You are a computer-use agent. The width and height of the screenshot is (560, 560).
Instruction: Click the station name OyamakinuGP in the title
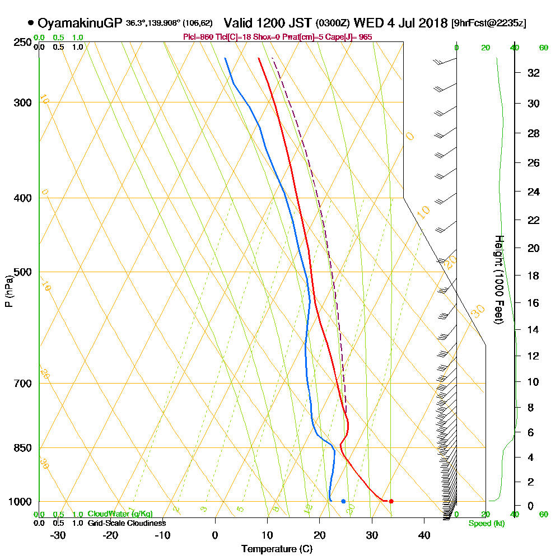click(x=80, y=23)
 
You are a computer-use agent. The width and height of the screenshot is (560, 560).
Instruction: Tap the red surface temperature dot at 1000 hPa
click(x=391, y=501)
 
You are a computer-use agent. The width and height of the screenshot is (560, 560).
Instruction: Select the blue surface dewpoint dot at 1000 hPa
click(x=343, y=501)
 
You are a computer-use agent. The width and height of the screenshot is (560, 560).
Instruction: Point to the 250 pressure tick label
click(x=21, y=42)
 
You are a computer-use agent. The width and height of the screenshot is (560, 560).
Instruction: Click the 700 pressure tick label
click(x=21, y=384)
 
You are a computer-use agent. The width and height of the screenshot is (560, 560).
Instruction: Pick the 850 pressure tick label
click(x=21, y=448)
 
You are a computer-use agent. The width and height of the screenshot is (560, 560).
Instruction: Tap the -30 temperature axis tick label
click(x=58, y=535)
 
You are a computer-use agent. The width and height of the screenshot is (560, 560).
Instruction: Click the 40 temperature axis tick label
click(x=424, y=535)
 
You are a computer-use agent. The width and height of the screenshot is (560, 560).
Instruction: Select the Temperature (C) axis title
click(x=277, y=549)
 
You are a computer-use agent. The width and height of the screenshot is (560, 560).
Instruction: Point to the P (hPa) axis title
click(x=8, y=291)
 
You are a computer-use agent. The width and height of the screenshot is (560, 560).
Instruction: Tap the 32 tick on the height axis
click(x=534, y=73)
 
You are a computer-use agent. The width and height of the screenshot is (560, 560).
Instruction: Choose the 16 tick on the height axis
click(x=534, y=303)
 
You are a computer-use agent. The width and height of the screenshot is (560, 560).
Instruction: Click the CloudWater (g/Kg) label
click(x=120, y=514)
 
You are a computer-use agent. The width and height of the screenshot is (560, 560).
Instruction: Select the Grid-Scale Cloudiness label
click(x=127, y=523)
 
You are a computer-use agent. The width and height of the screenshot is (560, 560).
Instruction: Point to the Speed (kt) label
click(x=485, y=524)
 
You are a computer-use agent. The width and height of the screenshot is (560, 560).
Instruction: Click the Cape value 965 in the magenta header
click(x=365, y=37)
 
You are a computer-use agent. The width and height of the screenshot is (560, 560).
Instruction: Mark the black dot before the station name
click(x=30, y=24)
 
